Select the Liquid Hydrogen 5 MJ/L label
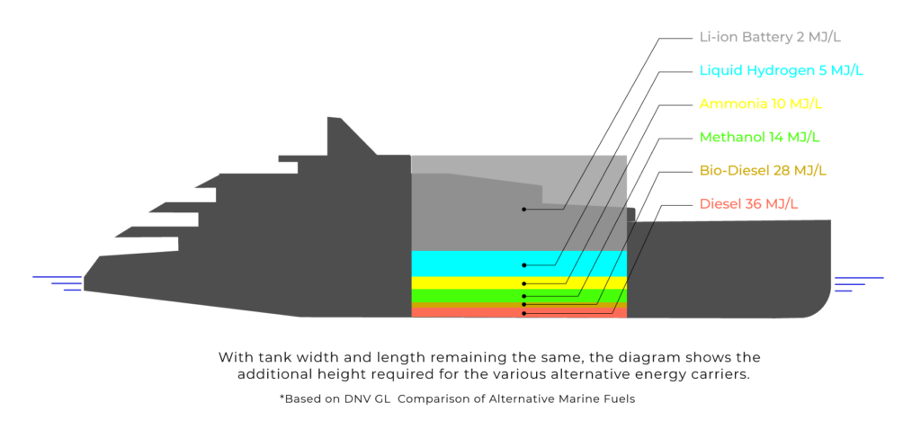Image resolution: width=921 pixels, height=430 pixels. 781,70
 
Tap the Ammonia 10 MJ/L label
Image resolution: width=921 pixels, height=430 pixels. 760,103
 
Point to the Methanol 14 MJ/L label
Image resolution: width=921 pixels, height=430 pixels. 760,138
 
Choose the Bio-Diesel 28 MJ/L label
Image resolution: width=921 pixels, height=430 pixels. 763,170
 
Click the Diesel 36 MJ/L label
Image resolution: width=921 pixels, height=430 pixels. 748,204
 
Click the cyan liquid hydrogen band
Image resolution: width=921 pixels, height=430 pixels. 468,264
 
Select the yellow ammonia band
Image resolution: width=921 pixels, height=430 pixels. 468,282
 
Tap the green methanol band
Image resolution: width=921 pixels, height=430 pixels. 468,295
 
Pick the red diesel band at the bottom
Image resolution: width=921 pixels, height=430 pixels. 468,312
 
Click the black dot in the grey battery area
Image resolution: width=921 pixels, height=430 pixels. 523,209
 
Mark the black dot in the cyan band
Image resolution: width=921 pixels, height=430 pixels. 523,265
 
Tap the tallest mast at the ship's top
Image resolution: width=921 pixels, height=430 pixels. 335,126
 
